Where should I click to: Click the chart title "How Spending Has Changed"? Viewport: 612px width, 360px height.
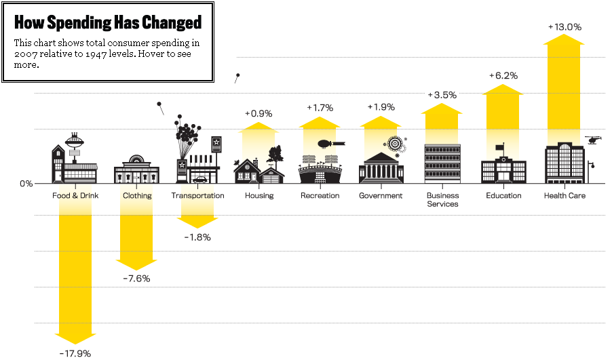click(x=108, y=23)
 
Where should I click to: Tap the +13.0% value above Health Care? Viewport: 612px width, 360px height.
click(x=565, y=27)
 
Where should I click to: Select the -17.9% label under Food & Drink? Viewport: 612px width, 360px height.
click(x=75, y=353)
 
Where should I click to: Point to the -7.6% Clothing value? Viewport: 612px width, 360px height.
click(x=136, y=279)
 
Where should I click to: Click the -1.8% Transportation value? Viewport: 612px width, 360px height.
click(x=197, y=237)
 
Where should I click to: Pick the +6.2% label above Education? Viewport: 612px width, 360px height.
click(x=503, y=76)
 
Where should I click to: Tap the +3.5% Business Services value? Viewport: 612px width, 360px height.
click(x=442, y=95)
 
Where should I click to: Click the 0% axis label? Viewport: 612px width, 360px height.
click(x=26, y=184)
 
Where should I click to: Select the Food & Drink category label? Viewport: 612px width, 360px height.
click(x=75, y=196)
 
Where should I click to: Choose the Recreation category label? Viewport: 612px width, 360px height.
click(x=320, y=196)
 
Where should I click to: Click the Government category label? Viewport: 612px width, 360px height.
click(x=381, y=196)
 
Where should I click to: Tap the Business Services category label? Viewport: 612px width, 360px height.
click(x=442, y=200)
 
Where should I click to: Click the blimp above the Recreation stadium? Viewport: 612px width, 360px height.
click(x=328, y=144)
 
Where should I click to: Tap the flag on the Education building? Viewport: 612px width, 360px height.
click(x=500, y=146)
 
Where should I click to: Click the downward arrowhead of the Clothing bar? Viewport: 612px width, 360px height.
click(x=136, y=265)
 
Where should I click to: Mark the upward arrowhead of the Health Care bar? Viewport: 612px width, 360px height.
click(x=564, y=39)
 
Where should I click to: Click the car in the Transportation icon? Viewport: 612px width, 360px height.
click(x=199, y=180)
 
